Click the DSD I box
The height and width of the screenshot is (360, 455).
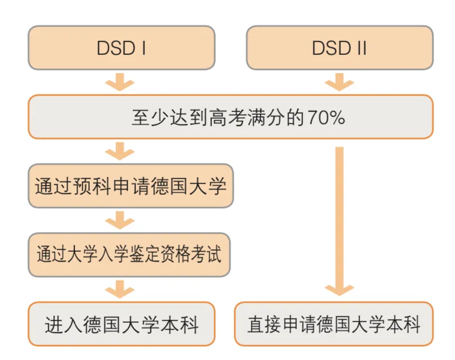122,48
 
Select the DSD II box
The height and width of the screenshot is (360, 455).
340,48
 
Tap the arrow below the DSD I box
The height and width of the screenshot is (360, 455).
120,82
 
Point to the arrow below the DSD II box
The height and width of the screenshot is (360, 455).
339,82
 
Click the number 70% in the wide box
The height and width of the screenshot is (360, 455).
326,118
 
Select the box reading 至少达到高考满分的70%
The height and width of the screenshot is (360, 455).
231,116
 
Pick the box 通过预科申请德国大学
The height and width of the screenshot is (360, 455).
130,186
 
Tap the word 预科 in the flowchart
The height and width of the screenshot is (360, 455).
92,186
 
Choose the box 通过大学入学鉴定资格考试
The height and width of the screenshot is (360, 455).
129,255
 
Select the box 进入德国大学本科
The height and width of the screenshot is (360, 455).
122,324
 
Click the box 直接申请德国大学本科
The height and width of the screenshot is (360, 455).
333,324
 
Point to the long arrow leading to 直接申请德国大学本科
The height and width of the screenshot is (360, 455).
339,221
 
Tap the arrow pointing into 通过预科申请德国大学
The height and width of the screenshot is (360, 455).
120,151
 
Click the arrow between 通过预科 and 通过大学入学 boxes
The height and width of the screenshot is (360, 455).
120,220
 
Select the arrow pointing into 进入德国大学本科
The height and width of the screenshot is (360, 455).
120,289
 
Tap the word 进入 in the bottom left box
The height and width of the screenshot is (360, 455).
64,324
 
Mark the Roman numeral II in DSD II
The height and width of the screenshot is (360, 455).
362,48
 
